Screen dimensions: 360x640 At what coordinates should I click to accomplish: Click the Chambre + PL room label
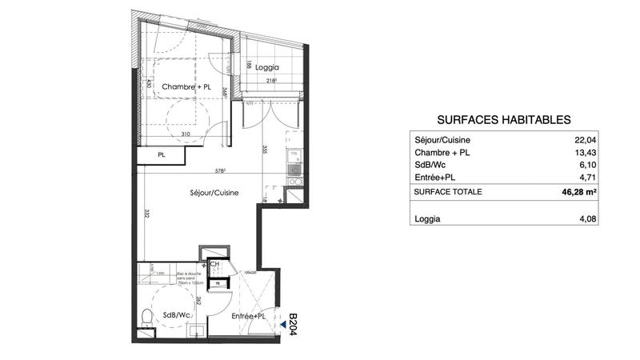(186, 86)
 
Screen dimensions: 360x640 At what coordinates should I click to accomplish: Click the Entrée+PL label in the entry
(249, 318)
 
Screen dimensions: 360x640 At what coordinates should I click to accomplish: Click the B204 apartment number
(293, 325)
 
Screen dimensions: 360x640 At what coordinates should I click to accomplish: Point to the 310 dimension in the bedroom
(185, 134)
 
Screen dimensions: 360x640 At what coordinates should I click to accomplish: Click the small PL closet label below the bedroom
(162, 155)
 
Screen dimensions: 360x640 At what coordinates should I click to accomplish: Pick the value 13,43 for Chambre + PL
(586, 153)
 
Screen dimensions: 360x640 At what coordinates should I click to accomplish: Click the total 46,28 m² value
(579, 192)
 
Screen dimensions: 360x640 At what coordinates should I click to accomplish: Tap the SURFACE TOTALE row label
(448, 192)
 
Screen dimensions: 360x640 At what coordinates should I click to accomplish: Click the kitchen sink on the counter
(294, 169)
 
